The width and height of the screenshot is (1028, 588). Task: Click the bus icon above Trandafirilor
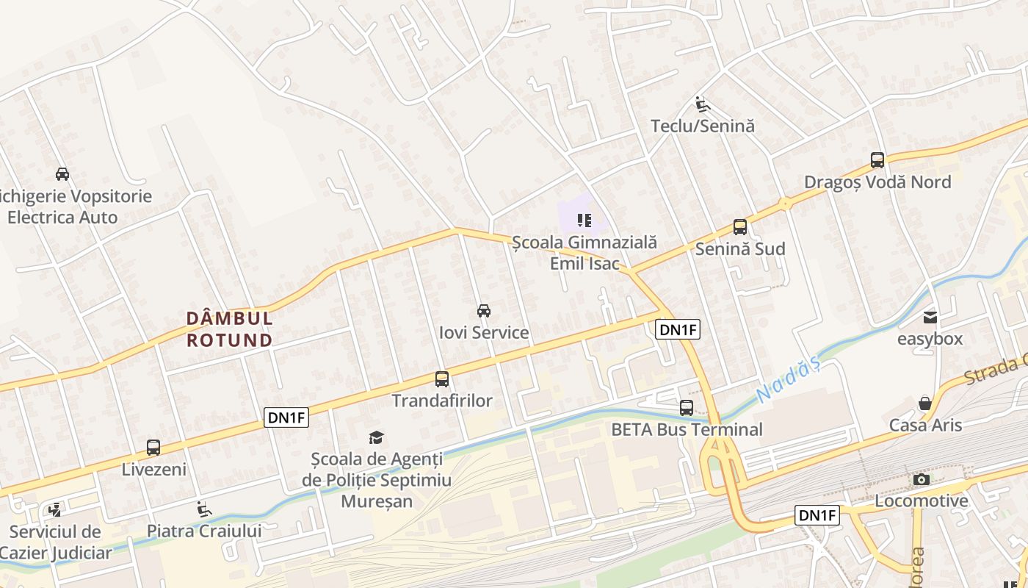click(x=442, y=379)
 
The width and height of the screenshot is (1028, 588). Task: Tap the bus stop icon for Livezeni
click(x=153, y=447)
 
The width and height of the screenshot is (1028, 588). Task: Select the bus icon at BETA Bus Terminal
click(x=687, y=407)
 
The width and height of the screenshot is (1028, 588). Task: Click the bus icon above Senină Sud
click(x=740, y=227)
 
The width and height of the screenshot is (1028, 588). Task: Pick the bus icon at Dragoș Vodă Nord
click(x=877, y=160)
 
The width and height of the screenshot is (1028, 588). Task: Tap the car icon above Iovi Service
click(x=484, y=311)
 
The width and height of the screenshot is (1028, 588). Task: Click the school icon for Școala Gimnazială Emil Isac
click(x=584, y=220)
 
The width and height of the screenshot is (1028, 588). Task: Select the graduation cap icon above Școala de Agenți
click(x=377, y=438)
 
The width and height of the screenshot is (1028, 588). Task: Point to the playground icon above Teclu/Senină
click(x=703, y=104)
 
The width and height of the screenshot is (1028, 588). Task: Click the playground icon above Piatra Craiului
click(x=204, y=509)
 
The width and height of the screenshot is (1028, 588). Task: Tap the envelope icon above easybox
click(x=930, y=318)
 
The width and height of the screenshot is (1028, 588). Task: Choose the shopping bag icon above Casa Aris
click(x=925, y=404)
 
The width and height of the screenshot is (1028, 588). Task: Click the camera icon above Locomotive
click(x=921, y=479)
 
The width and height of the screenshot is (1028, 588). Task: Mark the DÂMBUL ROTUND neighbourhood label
click(x=230, y=329)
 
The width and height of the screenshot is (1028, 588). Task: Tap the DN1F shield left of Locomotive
click(x=817, y=515)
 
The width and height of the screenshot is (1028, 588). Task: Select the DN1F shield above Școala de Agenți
click(x=286, y=418)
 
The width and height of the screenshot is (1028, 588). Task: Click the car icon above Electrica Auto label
click(x=62, y=174)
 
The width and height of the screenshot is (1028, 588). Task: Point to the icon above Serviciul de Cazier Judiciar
click(x=54, y=509)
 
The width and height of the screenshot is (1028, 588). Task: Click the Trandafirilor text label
click(x=442, y=401)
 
